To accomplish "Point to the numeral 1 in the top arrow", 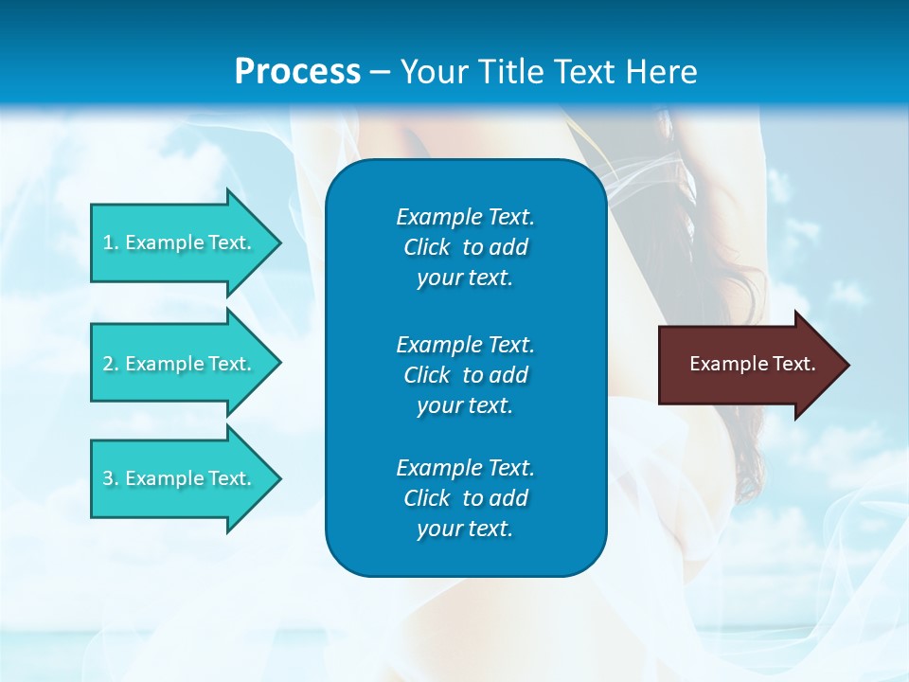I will tap(108, 242).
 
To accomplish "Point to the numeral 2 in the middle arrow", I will tap(108, 364).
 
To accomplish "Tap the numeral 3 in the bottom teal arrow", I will tap(108, 478).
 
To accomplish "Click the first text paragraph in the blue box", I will tap(465, 247).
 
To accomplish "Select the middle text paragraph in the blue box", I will tap(465, 375).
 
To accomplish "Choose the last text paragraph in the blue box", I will tap(465, 498).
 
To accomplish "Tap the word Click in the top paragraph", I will tap(426, 247).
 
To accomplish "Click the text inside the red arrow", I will tap(752, 364).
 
